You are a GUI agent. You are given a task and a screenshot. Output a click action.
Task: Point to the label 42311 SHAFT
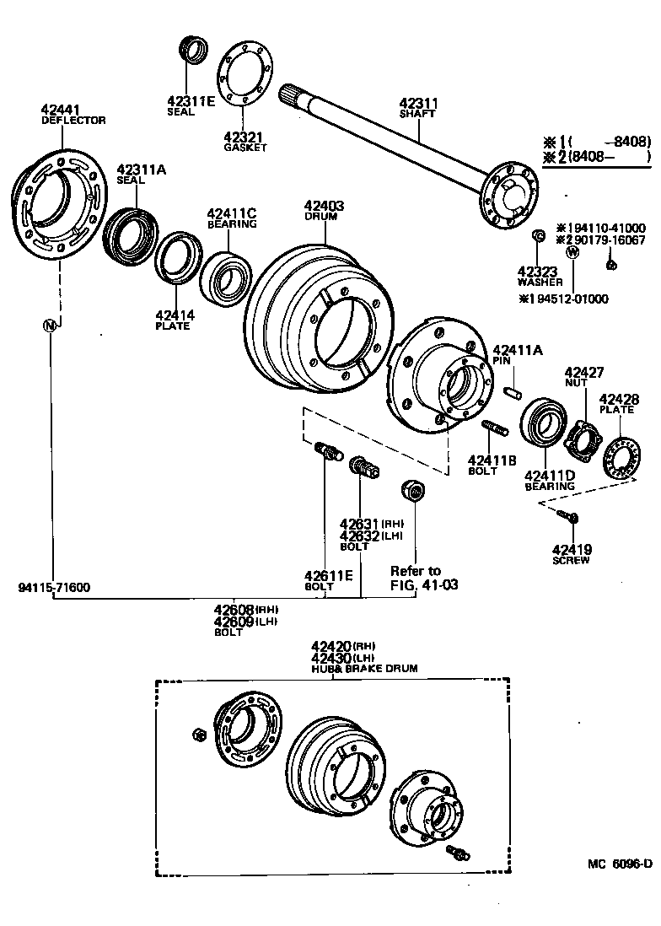[419, 108]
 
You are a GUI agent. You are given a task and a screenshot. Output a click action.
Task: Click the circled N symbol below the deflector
[51, 326]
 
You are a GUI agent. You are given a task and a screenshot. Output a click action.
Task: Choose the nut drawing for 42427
[582, 439]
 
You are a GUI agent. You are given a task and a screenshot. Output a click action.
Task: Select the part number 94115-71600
[52, 587]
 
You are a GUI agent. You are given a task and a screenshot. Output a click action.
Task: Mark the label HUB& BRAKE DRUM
[364, 668]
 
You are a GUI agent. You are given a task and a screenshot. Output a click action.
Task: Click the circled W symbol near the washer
[572, 251]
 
